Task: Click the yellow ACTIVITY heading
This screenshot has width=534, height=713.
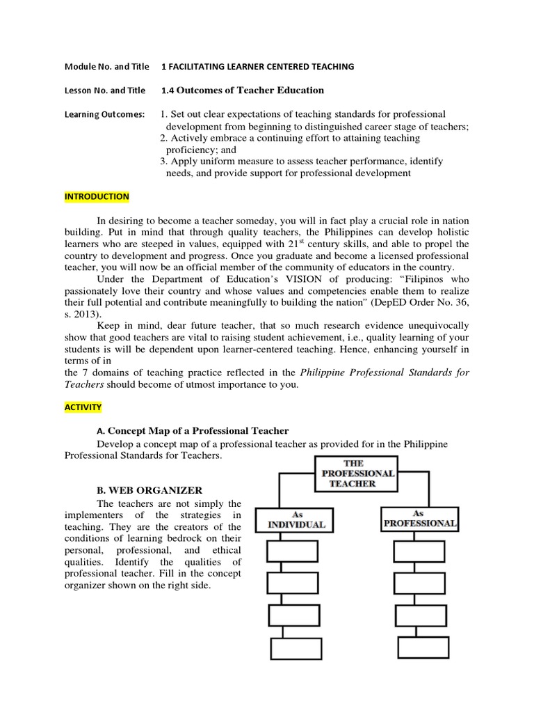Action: (x=83, y=407)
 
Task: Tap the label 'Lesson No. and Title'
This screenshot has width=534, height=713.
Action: (x=105, y=90)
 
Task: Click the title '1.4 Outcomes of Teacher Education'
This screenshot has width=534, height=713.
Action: (x=243, y=90)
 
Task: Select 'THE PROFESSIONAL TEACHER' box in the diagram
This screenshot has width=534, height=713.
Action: (x=357, y=472)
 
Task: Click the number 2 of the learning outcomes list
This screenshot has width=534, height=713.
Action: (x=163, y=138)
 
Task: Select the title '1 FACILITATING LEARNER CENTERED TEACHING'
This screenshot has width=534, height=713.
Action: (x=258, y=66)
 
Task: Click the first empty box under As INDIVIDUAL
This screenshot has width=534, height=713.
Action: (x=295, y=553)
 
